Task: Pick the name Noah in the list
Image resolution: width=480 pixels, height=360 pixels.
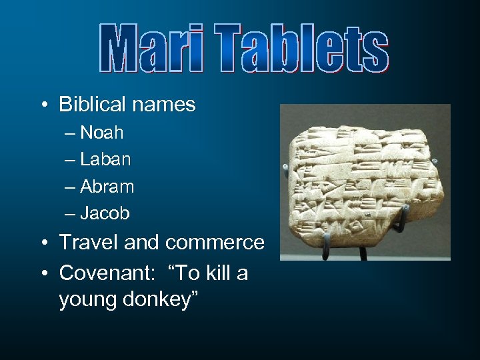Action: click(x=101, y=133)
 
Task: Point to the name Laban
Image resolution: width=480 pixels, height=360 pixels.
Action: click(x=105, y=160)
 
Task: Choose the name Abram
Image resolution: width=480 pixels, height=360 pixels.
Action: click(x=107, y=187)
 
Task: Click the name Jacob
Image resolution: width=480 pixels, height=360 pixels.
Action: click(x=105, y=214)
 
